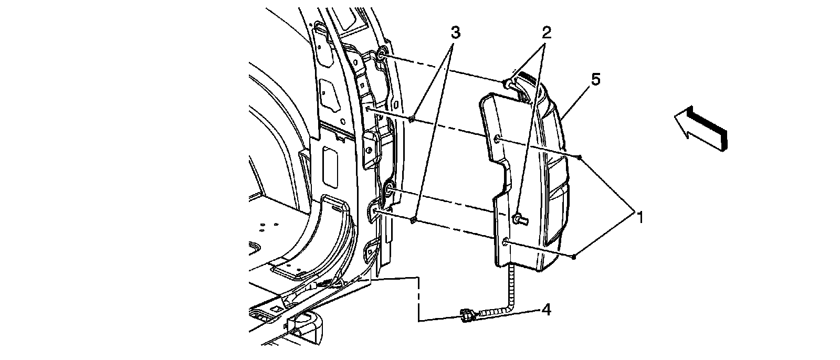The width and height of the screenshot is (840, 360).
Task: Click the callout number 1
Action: (639, 216)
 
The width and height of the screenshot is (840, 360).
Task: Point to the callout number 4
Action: (547, 311)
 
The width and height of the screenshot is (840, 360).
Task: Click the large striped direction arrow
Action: (701, 128)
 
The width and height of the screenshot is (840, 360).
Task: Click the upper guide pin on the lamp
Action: (508, 83)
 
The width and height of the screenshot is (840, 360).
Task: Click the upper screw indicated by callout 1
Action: (579, 157)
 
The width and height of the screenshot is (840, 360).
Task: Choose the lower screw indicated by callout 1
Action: (575, 256)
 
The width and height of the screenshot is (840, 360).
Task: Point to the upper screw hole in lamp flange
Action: (497, 139)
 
